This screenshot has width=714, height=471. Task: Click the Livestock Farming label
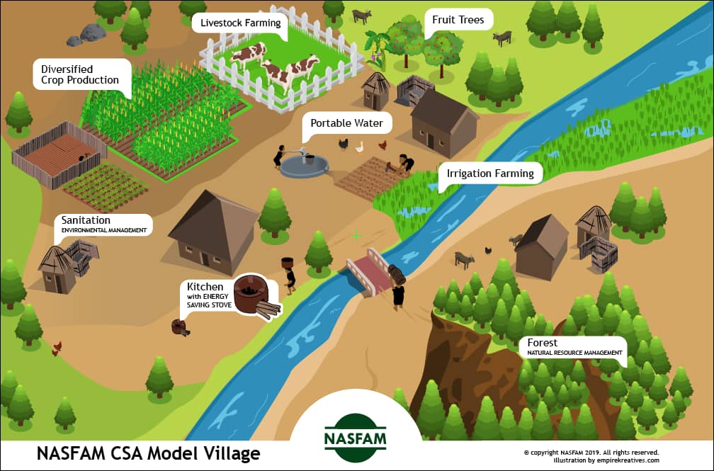click(240, 23)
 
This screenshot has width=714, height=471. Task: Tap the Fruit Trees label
click(458, 20)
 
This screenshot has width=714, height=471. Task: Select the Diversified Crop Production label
click(80, 74)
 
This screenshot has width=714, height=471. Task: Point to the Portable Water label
click(346, 123)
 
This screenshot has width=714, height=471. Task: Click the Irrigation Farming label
click(490, 174)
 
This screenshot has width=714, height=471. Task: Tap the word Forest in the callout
click(542, 343)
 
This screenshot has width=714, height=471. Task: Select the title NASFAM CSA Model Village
click(149, 454)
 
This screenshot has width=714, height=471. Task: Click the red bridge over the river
click(367, 271)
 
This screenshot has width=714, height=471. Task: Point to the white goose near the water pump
click(360, 147)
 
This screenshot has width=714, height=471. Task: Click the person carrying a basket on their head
click(289, 276)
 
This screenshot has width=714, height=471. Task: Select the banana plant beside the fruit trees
click(375, 49)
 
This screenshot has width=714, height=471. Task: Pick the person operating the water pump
click(278, 157)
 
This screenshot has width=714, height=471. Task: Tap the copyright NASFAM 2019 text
click(591, 453)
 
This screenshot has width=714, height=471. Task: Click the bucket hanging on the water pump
click(308, 159)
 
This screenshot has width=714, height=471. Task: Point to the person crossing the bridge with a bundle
click(397, 288)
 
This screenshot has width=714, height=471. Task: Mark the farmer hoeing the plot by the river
click(402, 164)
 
